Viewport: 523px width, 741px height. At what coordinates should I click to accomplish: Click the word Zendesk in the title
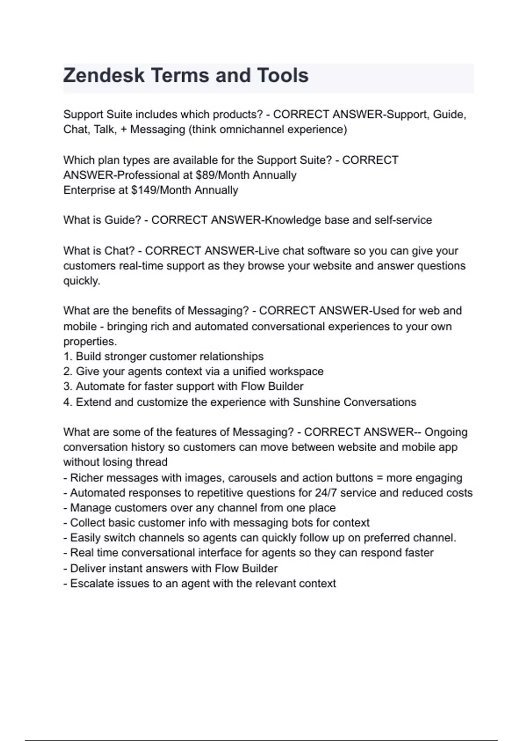[x=104, y=75]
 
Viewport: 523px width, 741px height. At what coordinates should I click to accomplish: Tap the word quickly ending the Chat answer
[x=82, y=281]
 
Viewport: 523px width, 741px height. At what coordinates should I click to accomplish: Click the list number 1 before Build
[x=67, y=357]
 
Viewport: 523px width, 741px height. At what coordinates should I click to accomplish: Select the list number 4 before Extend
[x=67, y=402]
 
